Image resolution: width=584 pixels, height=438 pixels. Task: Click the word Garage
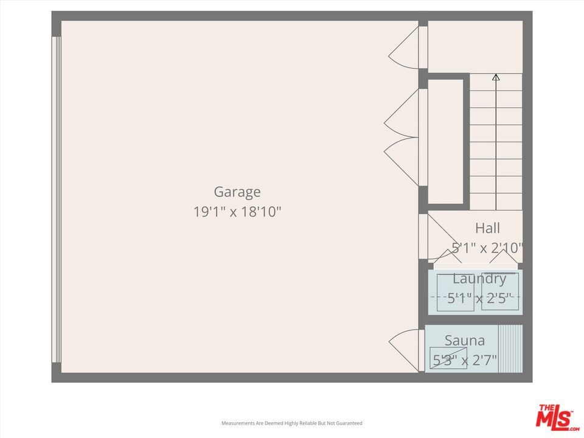237,192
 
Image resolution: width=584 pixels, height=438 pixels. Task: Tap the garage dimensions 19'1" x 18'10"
237,212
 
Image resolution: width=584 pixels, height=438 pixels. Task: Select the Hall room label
487,228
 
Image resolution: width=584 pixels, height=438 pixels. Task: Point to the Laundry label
479,279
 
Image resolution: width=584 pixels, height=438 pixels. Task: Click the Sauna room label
465,341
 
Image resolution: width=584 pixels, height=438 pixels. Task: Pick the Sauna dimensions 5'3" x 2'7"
465,360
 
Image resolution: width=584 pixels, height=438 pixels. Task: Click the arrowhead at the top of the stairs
496,77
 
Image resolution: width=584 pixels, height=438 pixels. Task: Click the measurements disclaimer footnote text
291,423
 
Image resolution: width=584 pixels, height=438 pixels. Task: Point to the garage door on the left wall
56,200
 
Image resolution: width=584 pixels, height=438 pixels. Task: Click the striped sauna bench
510,349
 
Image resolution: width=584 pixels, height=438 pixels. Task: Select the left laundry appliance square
456,293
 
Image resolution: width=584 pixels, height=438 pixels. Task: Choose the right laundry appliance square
500,291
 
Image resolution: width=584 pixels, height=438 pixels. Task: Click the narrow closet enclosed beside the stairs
445,141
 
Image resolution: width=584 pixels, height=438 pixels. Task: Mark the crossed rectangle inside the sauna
448,358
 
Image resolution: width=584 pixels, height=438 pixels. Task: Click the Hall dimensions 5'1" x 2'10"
487,248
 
